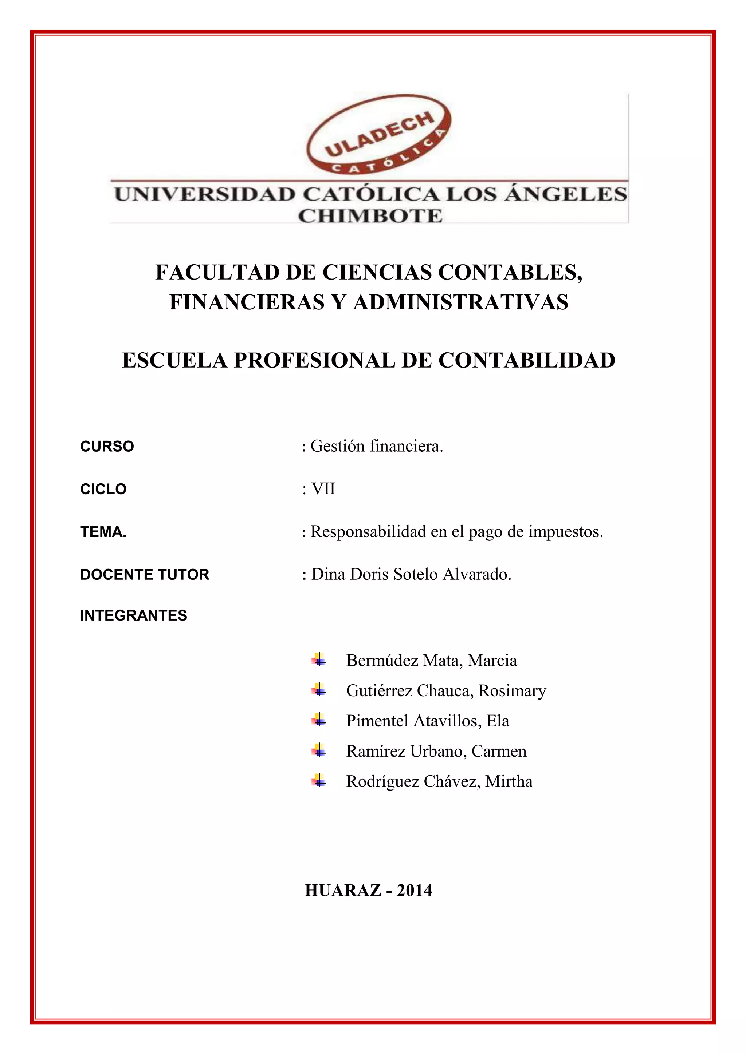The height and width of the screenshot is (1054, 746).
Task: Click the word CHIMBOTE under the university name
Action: [x=370, y=216]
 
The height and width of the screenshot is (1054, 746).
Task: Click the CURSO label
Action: [x=107, y=447]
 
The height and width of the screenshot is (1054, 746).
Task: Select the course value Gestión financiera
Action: [x=377, y=446]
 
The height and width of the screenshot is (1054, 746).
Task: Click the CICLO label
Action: [x=103, y=490]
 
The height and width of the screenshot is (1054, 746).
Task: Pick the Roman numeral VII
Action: [x=323, y=489]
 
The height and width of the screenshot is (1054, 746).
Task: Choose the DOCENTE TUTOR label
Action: [x=145, y=575]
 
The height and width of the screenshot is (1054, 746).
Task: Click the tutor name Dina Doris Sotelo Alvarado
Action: [x=411, y=574]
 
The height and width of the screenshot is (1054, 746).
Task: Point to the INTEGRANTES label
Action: [x=134, y=615]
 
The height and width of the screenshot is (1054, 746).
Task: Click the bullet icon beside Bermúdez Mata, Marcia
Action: [x=318, y=660]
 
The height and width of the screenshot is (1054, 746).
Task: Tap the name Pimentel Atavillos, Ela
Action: [x=428, y=721]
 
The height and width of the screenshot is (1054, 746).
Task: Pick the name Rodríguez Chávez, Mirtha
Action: [x=440, y=781]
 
